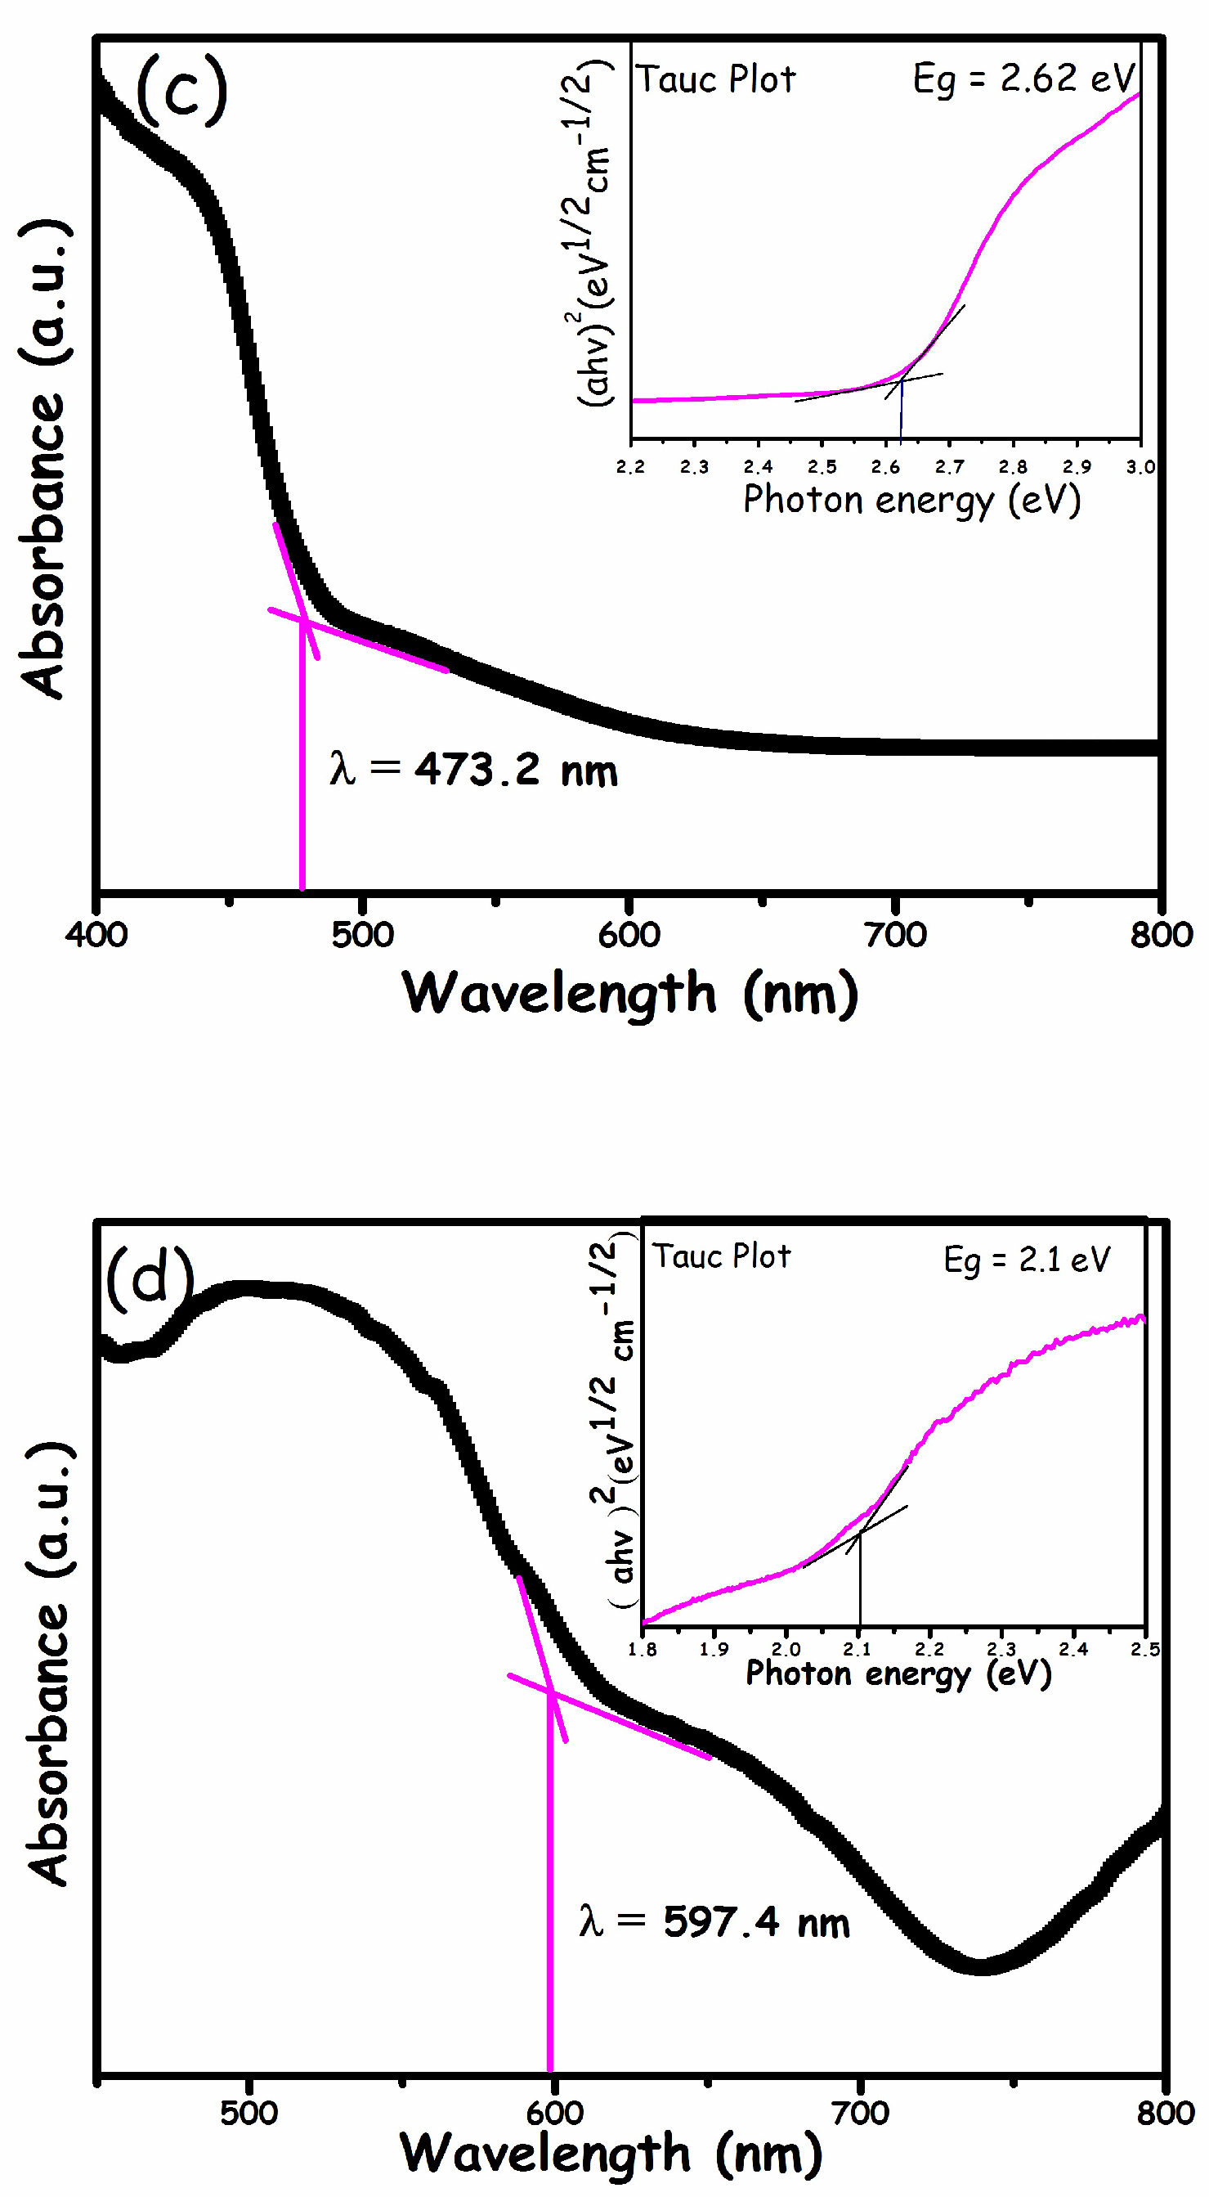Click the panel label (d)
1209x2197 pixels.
coord(150,1278)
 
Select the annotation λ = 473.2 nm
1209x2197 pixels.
coord(473,770)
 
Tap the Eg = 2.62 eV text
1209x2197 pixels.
coord(1023,79)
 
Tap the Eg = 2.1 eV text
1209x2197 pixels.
coord(1027,1260)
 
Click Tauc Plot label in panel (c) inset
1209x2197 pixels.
coord(716,80)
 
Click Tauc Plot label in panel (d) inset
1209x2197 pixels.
coord(721,1256)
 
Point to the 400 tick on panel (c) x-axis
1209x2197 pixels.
coord(96,935)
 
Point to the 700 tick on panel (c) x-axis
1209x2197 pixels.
coord(895,935)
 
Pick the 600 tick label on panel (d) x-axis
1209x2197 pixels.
coord(554,2113)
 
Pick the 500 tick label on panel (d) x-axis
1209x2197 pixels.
coord(249,2113)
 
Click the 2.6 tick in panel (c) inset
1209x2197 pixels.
coord(885,467)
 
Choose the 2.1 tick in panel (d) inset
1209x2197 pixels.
coord(857,1650)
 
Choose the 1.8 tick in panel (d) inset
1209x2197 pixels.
coord(642,1650)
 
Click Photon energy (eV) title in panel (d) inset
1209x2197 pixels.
coord(898,1674)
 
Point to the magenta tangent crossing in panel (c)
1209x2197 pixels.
coord(303,622)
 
